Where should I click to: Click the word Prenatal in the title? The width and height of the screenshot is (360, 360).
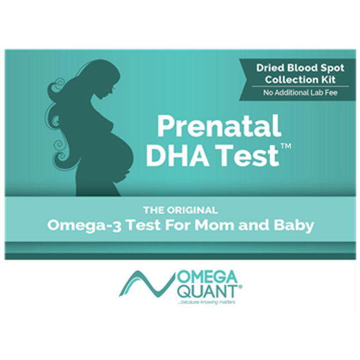(x=219, y=127)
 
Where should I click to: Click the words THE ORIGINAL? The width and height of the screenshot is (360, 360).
(x=180, y=210)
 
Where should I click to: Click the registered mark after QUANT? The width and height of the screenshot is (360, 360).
(x=241, y=286)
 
